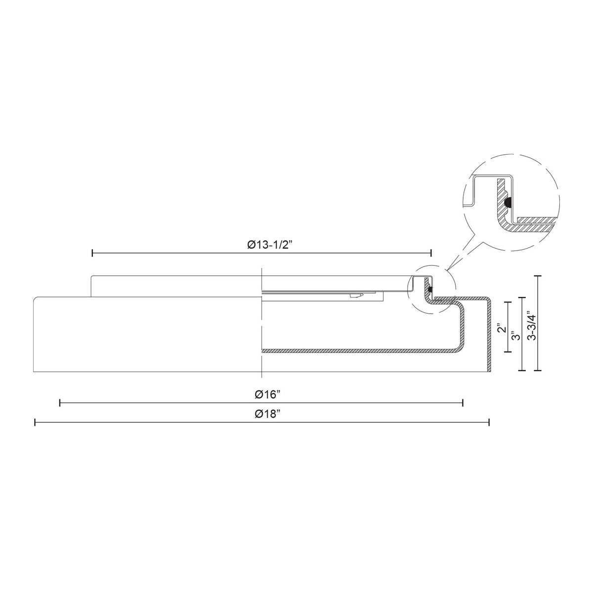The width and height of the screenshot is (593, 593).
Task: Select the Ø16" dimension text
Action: (267, 394)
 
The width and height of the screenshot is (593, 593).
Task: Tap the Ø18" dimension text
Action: (267, 414)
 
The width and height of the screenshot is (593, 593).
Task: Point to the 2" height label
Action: (502, 328)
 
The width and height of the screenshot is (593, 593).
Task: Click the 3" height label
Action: (517, 336)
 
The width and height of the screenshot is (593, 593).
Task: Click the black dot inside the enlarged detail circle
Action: (508, 202)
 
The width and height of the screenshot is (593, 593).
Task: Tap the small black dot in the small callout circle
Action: (430, 290)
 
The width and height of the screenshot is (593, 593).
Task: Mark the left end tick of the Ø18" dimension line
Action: (35, 422)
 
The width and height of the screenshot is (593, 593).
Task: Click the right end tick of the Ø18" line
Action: (489, 422)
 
